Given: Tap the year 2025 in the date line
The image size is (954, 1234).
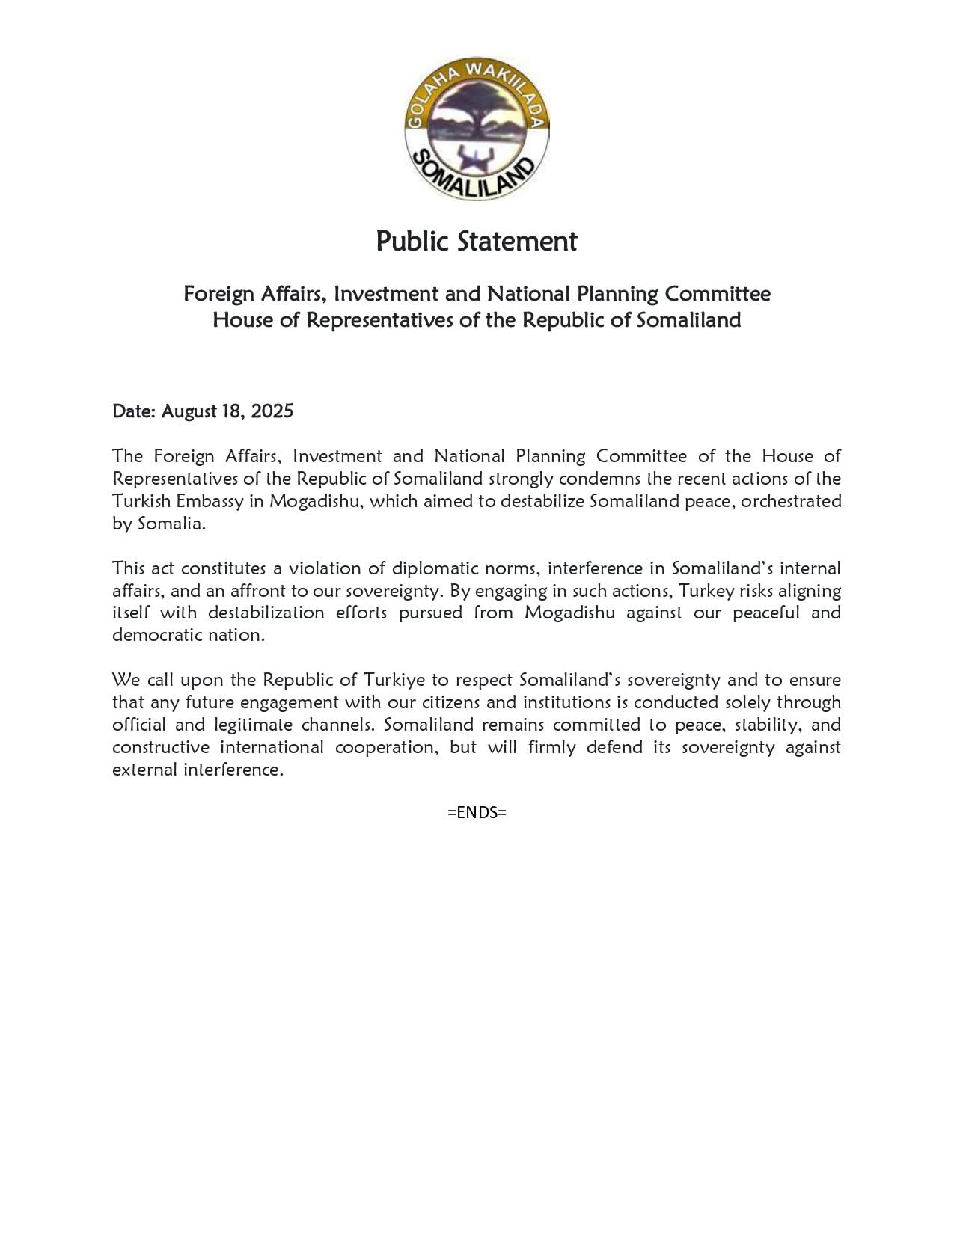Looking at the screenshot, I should point(272,411).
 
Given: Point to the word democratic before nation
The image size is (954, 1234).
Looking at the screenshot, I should point(156,636).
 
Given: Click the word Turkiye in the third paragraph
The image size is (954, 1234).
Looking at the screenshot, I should point(394,680).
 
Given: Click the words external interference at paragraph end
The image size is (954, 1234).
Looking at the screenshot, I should point(198,770).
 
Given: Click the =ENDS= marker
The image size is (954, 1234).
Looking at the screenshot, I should point(477,812).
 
